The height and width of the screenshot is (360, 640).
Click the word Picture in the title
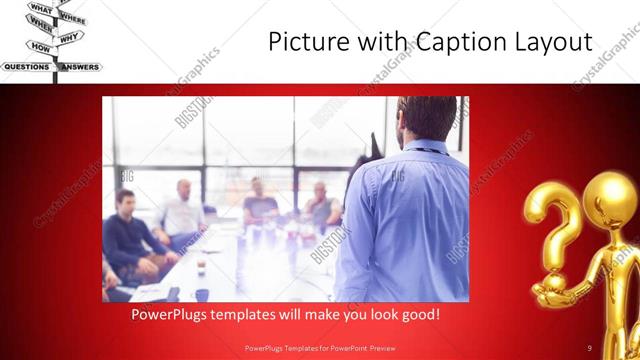pos(305,42)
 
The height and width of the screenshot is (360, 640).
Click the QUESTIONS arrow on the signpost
pos(27,67)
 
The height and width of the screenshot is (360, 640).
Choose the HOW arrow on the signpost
pos(40,47)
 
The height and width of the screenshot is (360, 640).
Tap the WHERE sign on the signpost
pos(71,19)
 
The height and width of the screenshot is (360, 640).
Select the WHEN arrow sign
pos(41,28)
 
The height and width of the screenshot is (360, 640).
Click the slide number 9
pos(590,347)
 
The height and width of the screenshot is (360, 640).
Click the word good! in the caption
pos(417,314)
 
